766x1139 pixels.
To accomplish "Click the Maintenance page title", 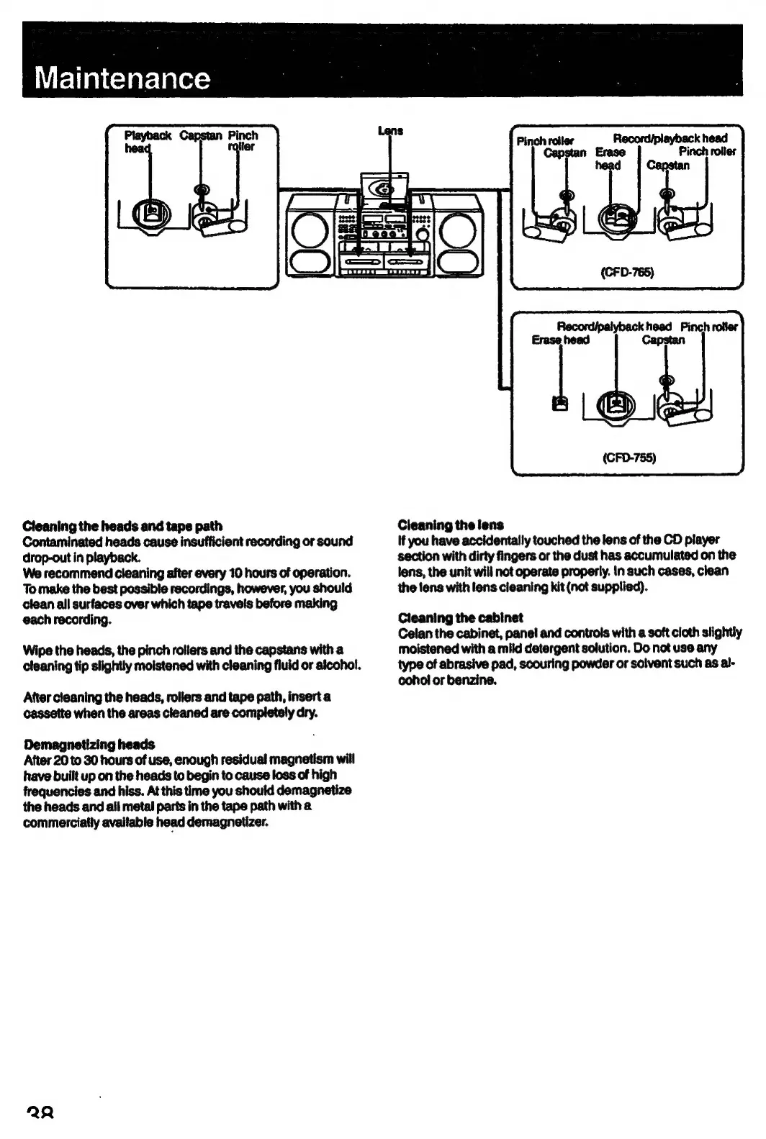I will tap(122, 78).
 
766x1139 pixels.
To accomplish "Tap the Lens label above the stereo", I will tap(390, 131).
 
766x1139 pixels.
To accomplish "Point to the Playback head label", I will tap(147, 141).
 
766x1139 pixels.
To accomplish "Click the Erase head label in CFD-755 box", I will tap(560, 340).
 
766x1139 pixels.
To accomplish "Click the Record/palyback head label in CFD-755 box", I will tap(614, 327).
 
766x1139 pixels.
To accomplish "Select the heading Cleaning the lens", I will tap(451, 525).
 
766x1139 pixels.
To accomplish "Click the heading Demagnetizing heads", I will tap(89, 744).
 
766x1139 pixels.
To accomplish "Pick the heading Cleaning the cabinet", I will tap(460, 617).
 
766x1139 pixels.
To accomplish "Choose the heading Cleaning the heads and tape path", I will tap(122, 526).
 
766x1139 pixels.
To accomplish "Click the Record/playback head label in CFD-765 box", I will tap(670, 138).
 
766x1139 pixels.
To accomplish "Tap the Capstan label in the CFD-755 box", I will tap(663, 340).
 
